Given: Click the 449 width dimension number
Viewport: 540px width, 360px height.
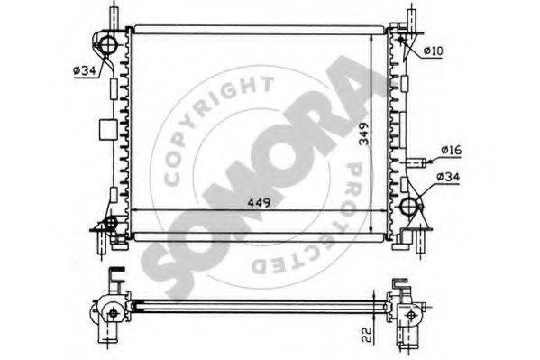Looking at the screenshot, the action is click(x=259, y=203).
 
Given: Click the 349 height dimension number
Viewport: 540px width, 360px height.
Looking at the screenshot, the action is click(x=363, y=134).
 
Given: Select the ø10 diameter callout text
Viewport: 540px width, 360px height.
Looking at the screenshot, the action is click(x=433, y=51).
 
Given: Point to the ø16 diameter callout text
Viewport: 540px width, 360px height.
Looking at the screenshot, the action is click(x=451, y=150).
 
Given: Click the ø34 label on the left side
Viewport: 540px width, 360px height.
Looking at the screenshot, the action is click(x=85, y=70).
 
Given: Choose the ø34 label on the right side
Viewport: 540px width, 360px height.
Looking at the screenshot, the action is click(x=448, y=177).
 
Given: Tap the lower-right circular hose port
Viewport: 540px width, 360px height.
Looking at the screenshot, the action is click(x=409, y=207).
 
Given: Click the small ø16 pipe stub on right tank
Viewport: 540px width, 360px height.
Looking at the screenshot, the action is click(x=416, y=162).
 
